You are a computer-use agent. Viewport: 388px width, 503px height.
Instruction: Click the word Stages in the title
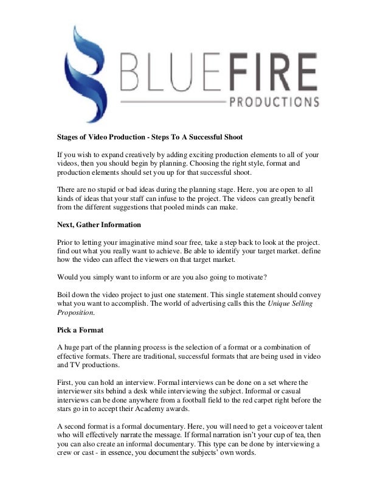tap(61, 136)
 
